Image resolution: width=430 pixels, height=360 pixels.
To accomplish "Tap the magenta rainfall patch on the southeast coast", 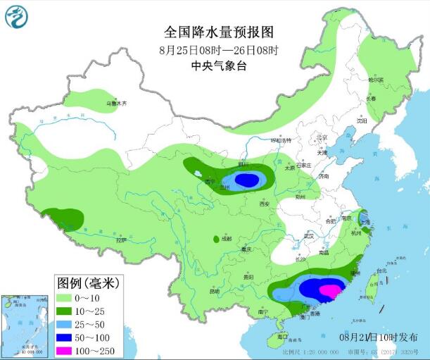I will click(x=329, y=290).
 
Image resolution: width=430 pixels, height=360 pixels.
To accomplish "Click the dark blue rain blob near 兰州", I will click(x=246, y=180).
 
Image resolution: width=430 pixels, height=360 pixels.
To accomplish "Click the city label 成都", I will click(x=225, y=238).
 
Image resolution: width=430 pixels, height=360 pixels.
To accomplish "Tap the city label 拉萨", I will click(x=121, y=240).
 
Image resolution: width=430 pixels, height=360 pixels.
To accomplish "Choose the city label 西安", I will click(x=265, y=204).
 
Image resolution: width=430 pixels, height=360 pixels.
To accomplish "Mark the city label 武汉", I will click(x=308, y=235).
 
